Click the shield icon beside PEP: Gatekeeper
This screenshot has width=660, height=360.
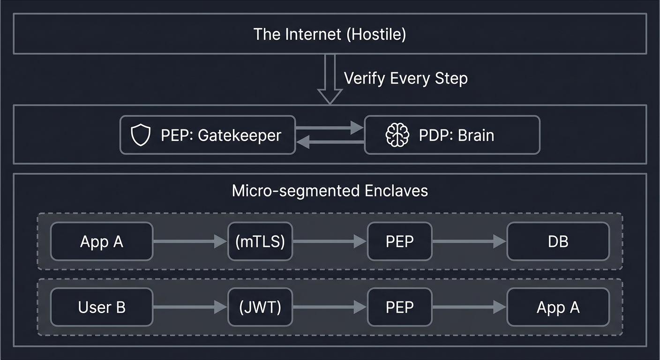click(x=141, y=135)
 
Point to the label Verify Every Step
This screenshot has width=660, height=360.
click(x=405, y=78)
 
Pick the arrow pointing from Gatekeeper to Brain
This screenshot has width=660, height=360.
click(x=330, y=127)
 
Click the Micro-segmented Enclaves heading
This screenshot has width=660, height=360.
click(x=330, y=191)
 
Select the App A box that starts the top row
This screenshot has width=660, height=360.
click(x=102, y=241)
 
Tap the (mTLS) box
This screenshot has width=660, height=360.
click(x=260, y=241)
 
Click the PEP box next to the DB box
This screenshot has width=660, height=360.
click(x=399, y=241)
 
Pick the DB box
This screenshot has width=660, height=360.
click(x=558, y=241)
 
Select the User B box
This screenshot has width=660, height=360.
click(x=102, y=307)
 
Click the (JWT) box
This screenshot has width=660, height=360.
click(x=260, y=307)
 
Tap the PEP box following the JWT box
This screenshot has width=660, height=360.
click(x=399, y=307)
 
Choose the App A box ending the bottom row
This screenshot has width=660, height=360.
click(x=558, y=307)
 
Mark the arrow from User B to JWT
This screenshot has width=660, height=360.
click(x=190, y=307)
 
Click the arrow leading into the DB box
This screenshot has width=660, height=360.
click(x=469, y=241)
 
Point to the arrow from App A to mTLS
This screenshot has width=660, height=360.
click(x=190, y=241)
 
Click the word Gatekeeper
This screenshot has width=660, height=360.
click(x=240, y=135)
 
